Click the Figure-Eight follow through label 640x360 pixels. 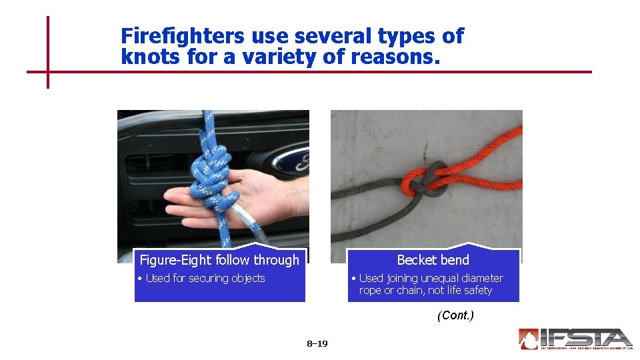tap(219, 260)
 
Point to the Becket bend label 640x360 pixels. tap(433, 260)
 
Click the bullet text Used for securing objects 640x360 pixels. tap(205, 278)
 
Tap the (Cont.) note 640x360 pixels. tap(455, 315)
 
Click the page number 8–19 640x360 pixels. tap(317, 344)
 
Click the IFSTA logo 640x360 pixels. tap(575, 339)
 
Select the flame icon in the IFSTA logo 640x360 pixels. tap(529, 339)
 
